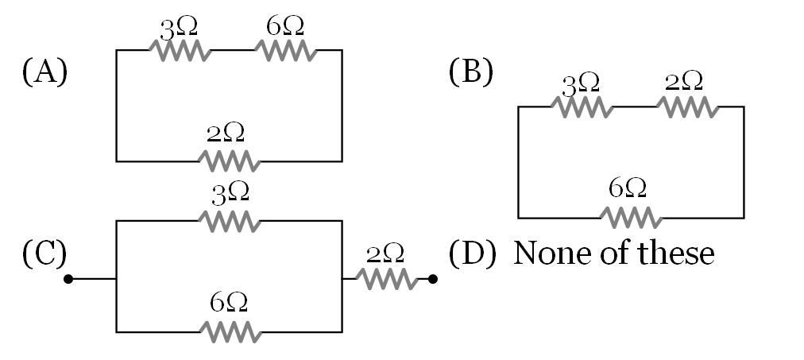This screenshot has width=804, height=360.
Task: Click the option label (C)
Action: [44, 254]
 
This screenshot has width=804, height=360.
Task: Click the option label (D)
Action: [470, 254]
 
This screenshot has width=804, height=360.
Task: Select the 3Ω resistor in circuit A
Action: [180, 51]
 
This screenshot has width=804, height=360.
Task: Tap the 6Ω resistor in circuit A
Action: [285, 51]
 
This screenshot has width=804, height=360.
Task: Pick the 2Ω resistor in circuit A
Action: [230, 161]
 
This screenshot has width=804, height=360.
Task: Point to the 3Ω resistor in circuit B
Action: [582, 106]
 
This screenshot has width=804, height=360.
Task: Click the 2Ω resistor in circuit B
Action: [687, 106]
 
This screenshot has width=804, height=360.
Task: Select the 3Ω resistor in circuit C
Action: [230, 221]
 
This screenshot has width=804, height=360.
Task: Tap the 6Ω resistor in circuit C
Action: [230, 331]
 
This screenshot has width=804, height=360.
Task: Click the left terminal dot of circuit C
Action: [68, 279]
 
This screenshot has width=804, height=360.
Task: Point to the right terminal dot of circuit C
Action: [433, 279]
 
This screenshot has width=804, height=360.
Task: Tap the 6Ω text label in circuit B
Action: [628, 188]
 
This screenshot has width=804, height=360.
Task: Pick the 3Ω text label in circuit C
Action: [230, 192]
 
